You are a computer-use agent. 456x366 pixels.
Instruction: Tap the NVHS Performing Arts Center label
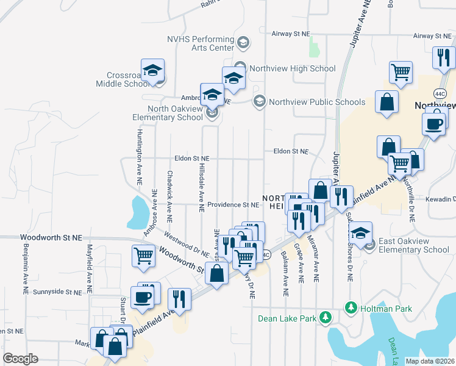point(201,43)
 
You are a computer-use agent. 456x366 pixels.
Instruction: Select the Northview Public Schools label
point(317,102)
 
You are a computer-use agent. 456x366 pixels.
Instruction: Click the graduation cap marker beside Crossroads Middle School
point(153,71)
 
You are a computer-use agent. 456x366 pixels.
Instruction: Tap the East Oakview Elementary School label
point(414,245)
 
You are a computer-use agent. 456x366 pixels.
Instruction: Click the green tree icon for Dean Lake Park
point(326,317)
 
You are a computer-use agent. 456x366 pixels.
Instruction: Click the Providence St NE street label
point(233,206)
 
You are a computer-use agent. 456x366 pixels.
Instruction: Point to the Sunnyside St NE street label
point(57,293)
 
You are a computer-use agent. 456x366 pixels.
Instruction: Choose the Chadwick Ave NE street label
point(170,196)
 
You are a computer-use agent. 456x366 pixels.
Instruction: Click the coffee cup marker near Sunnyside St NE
point(143,297)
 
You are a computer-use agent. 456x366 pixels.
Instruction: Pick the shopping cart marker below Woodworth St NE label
point(143,256)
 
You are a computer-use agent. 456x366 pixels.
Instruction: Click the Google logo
point(20,358)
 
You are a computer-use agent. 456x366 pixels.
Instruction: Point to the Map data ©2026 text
point(430,361)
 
